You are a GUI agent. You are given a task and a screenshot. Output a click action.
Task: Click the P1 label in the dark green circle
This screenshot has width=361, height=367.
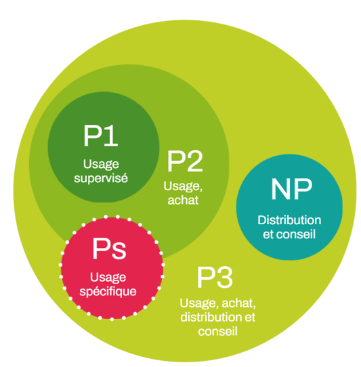point(101,137)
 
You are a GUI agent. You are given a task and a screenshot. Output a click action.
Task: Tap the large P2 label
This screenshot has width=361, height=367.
point(185,163)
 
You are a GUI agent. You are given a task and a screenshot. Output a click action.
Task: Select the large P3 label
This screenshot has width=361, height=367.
point(215,278)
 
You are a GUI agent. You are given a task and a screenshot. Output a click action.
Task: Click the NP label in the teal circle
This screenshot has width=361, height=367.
point(291,190)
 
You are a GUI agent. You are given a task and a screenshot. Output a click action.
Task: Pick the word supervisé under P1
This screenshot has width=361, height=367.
point(101,179)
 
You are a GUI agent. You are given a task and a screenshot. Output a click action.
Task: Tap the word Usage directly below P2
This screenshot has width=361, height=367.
point(179,187)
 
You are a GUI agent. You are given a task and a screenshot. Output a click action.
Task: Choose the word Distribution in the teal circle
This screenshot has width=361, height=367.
point(289,221)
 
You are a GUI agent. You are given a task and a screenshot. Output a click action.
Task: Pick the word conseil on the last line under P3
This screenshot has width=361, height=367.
point(218,332)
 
